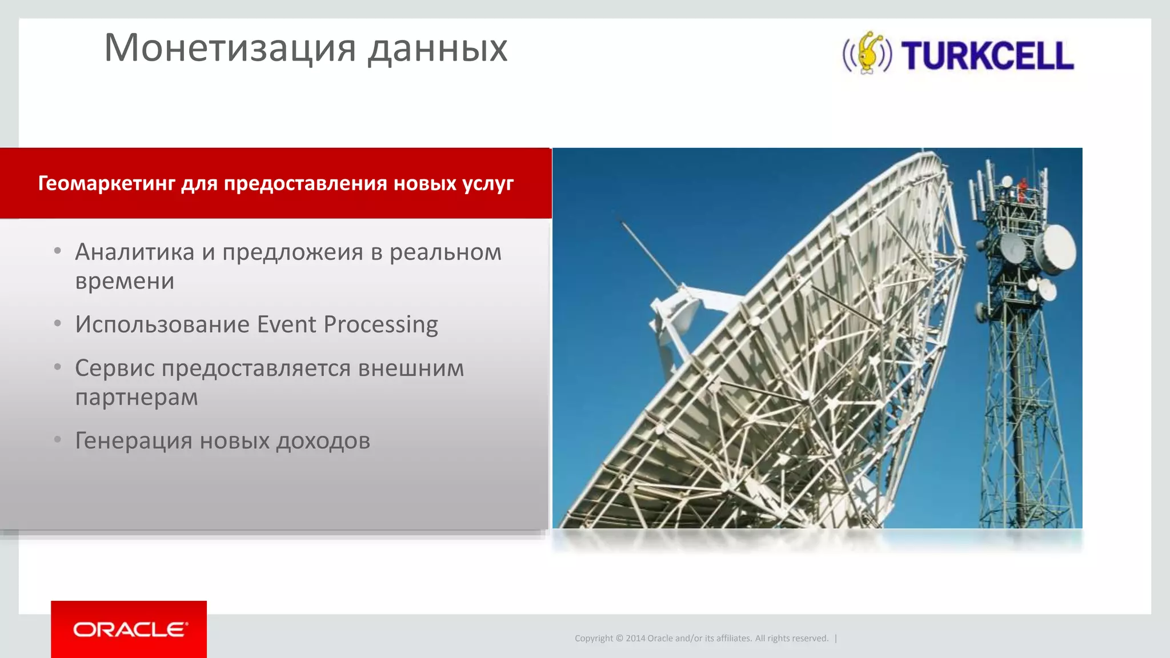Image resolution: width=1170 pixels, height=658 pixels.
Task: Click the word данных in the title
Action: click(x=437, y=48)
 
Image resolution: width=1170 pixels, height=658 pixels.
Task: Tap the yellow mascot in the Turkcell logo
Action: click(x=868, y=53)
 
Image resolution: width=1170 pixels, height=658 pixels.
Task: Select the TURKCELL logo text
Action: click(x=988, y=56)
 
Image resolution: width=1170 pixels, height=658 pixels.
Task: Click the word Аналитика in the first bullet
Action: click(x=135, y=252)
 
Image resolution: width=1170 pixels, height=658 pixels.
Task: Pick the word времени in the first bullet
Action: click(x=125, y=281)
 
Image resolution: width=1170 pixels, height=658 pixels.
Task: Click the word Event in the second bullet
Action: click(x=286, y=324)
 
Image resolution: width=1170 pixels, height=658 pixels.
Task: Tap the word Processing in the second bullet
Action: click(x=380, y=324)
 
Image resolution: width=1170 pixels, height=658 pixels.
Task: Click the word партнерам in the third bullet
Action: click(x=137, y=397)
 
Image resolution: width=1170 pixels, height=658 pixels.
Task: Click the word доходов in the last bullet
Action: click(x=323, y=441)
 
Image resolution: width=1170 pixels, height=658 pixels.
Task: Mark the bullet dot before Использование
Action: click(x=58, y=324)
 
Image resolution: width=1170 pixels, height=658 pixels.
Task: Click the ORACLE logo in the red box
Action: click(x=130, y=629)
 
